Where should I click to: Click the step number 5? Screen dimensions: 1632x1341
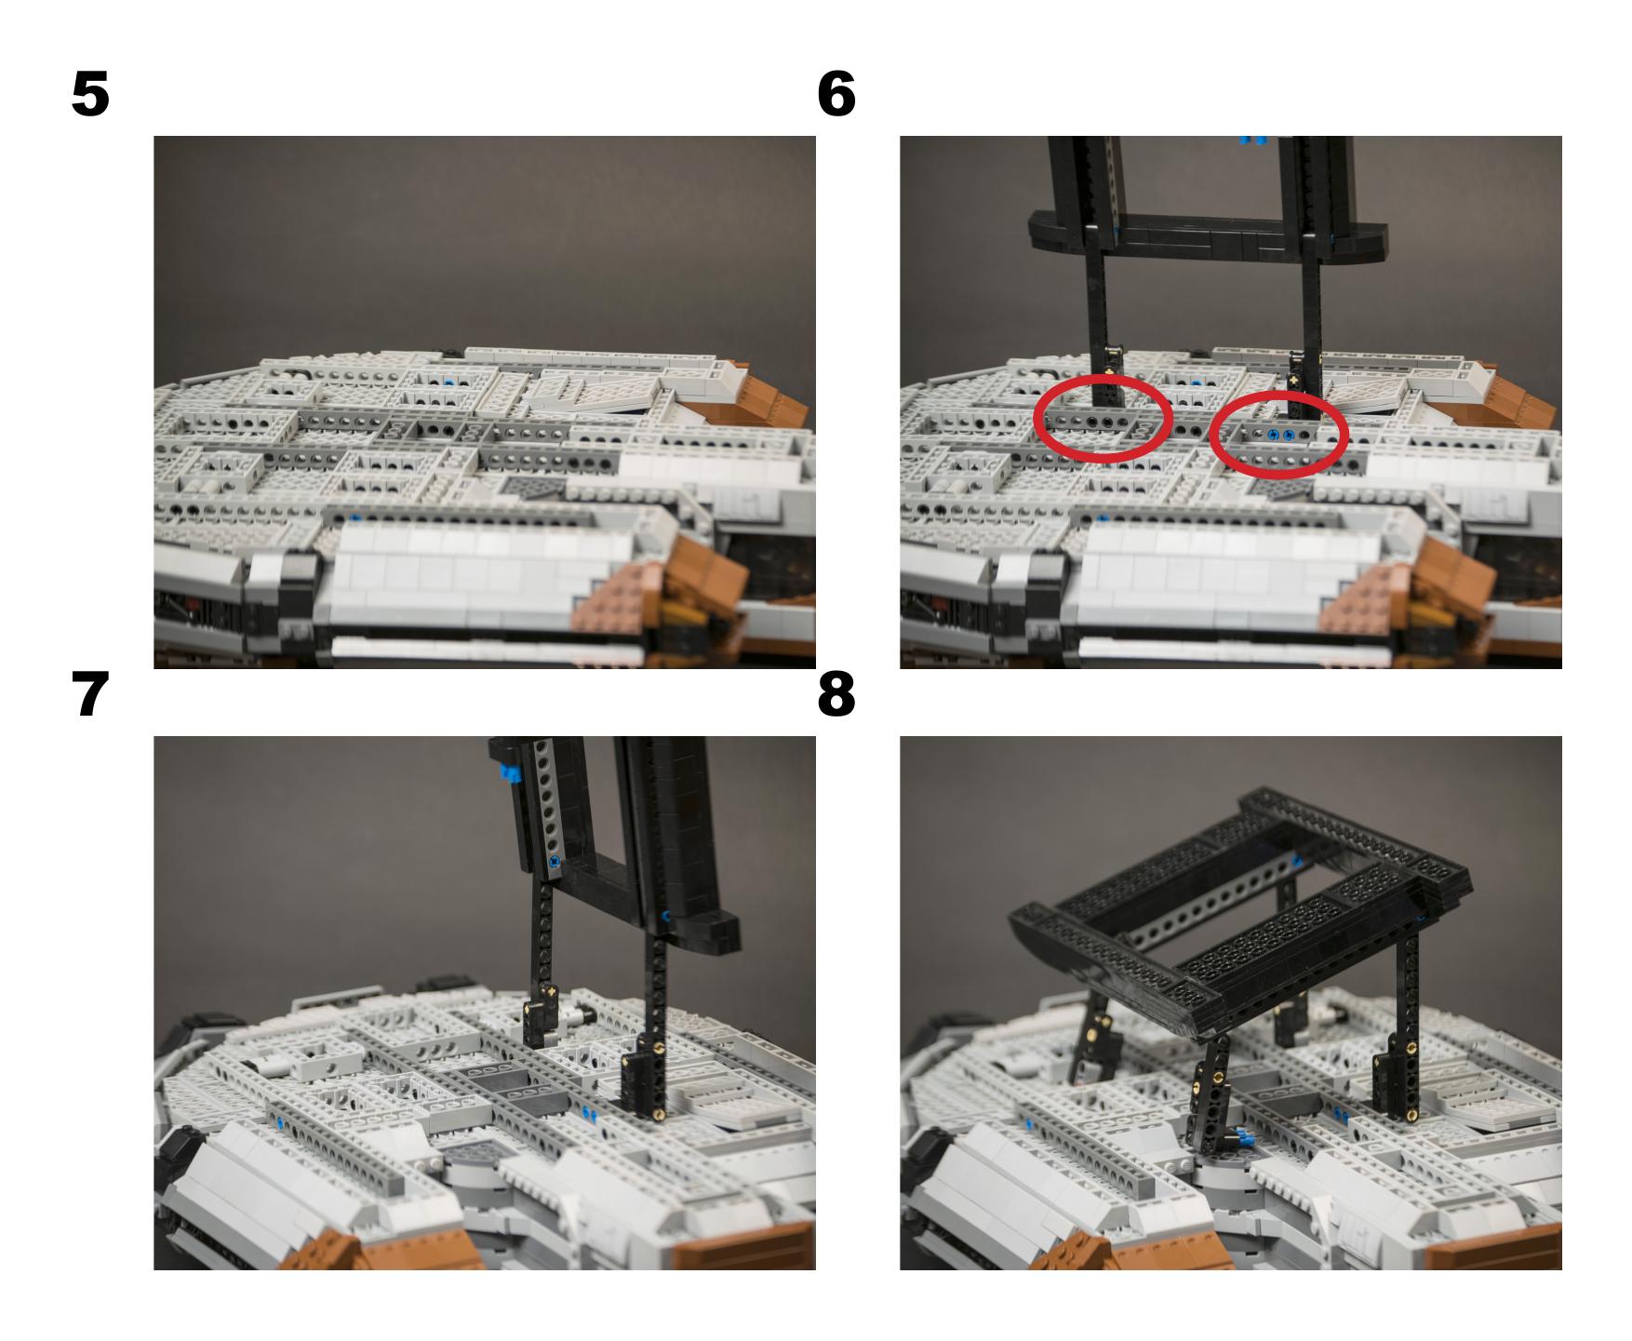[90, 96]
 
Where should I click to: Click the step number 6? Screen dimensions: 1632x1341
[836, 96]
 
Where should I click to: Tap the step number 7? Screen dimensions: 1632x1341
[90, 695]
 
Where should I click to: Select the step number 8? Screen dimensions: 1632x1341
[836, 695]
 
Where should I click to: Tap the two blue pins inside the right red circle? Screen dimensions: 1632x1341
[1280, 436]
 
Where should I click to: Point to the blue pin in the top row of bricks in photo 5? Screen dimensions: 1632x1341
[450, 382]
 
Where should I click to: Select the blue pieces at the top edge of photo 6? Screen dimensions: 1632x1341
[1253, 141]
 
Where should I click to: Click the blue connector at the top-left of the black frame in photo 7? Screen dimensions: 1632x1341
[508, 773]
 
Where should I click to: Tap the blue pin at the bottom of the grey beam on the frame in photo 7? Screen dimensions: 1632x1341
[555, 862]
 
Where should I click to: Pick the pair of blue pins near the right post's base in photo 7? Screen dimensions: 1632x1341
[588, 1111]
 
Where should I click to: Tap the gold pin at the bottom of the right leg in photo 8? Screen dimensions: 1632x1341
[1412, 1111]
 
